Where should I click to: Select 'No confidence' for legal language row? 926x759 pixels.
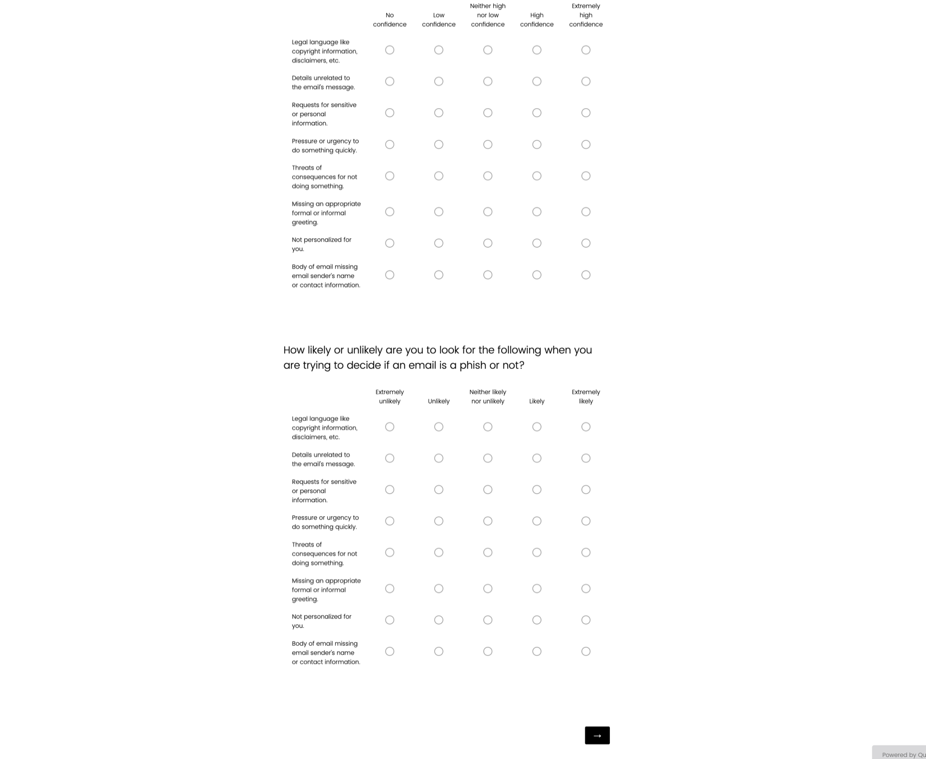[390, 50]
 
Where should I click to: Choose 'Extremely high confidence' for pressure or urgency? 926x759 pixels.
[586, 145]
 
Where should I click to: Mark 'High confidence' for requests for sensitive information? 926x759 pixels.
[537, 113]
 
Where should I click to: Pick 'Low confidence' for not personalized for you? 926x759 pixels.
[439, 243]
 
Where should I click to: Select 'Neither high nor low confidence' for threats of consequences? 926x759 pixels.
[488, 176]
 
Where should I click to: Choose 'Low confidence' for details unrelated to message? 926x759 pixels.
[439, 81]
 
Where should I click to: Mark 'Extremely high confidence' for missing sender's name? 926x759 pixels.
[586, 275]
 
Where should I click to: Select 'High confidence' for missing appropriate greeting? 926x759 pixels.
[537, 212]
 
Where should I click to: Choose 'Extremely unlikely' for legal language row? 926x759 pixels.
[390, 427]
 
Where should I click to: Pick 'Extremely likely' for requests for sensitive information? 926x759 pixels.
[586, 490]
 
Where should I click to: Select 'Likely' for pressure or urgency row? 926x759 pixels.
[537, 521]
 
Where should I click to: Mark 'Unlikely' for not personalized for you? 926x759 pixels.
[439, 620]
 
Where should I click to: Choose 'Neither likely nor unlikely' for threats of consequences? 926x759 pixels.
[488, 553]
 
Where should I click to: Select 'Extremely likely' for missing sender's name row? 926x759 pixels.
[586, 651]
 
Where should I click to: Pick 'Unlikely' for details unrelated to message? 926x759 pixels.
[439, 459]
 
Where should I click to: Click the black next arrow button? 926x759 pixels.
[597, 735]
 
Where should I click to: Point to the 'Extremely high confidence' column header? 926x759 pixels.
[586, 15]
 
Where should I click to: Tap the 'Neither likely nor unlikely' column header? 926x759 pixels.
[488, 396]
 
